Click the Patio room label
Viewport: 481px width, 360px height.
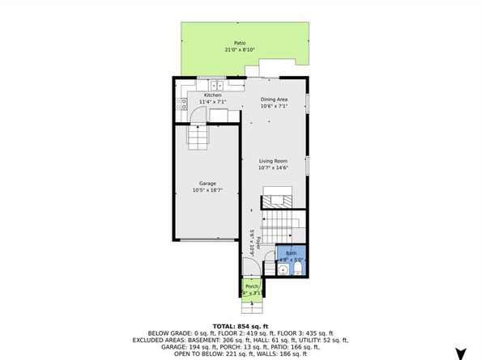(240, 43)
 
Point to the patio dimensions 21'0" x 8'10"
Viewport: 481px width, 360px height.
(240, 50)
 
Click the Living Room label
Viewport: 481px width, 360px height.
(274, 161)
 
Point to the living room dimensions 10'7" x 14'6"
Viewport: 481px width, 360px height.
(274, 168)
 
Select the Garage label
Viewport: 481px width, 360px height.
(206, 184)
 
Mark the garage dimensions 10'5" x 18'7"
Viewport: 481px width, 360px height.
(206, 191)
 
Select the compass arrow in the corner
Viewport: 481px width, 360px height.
(462, 353)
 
